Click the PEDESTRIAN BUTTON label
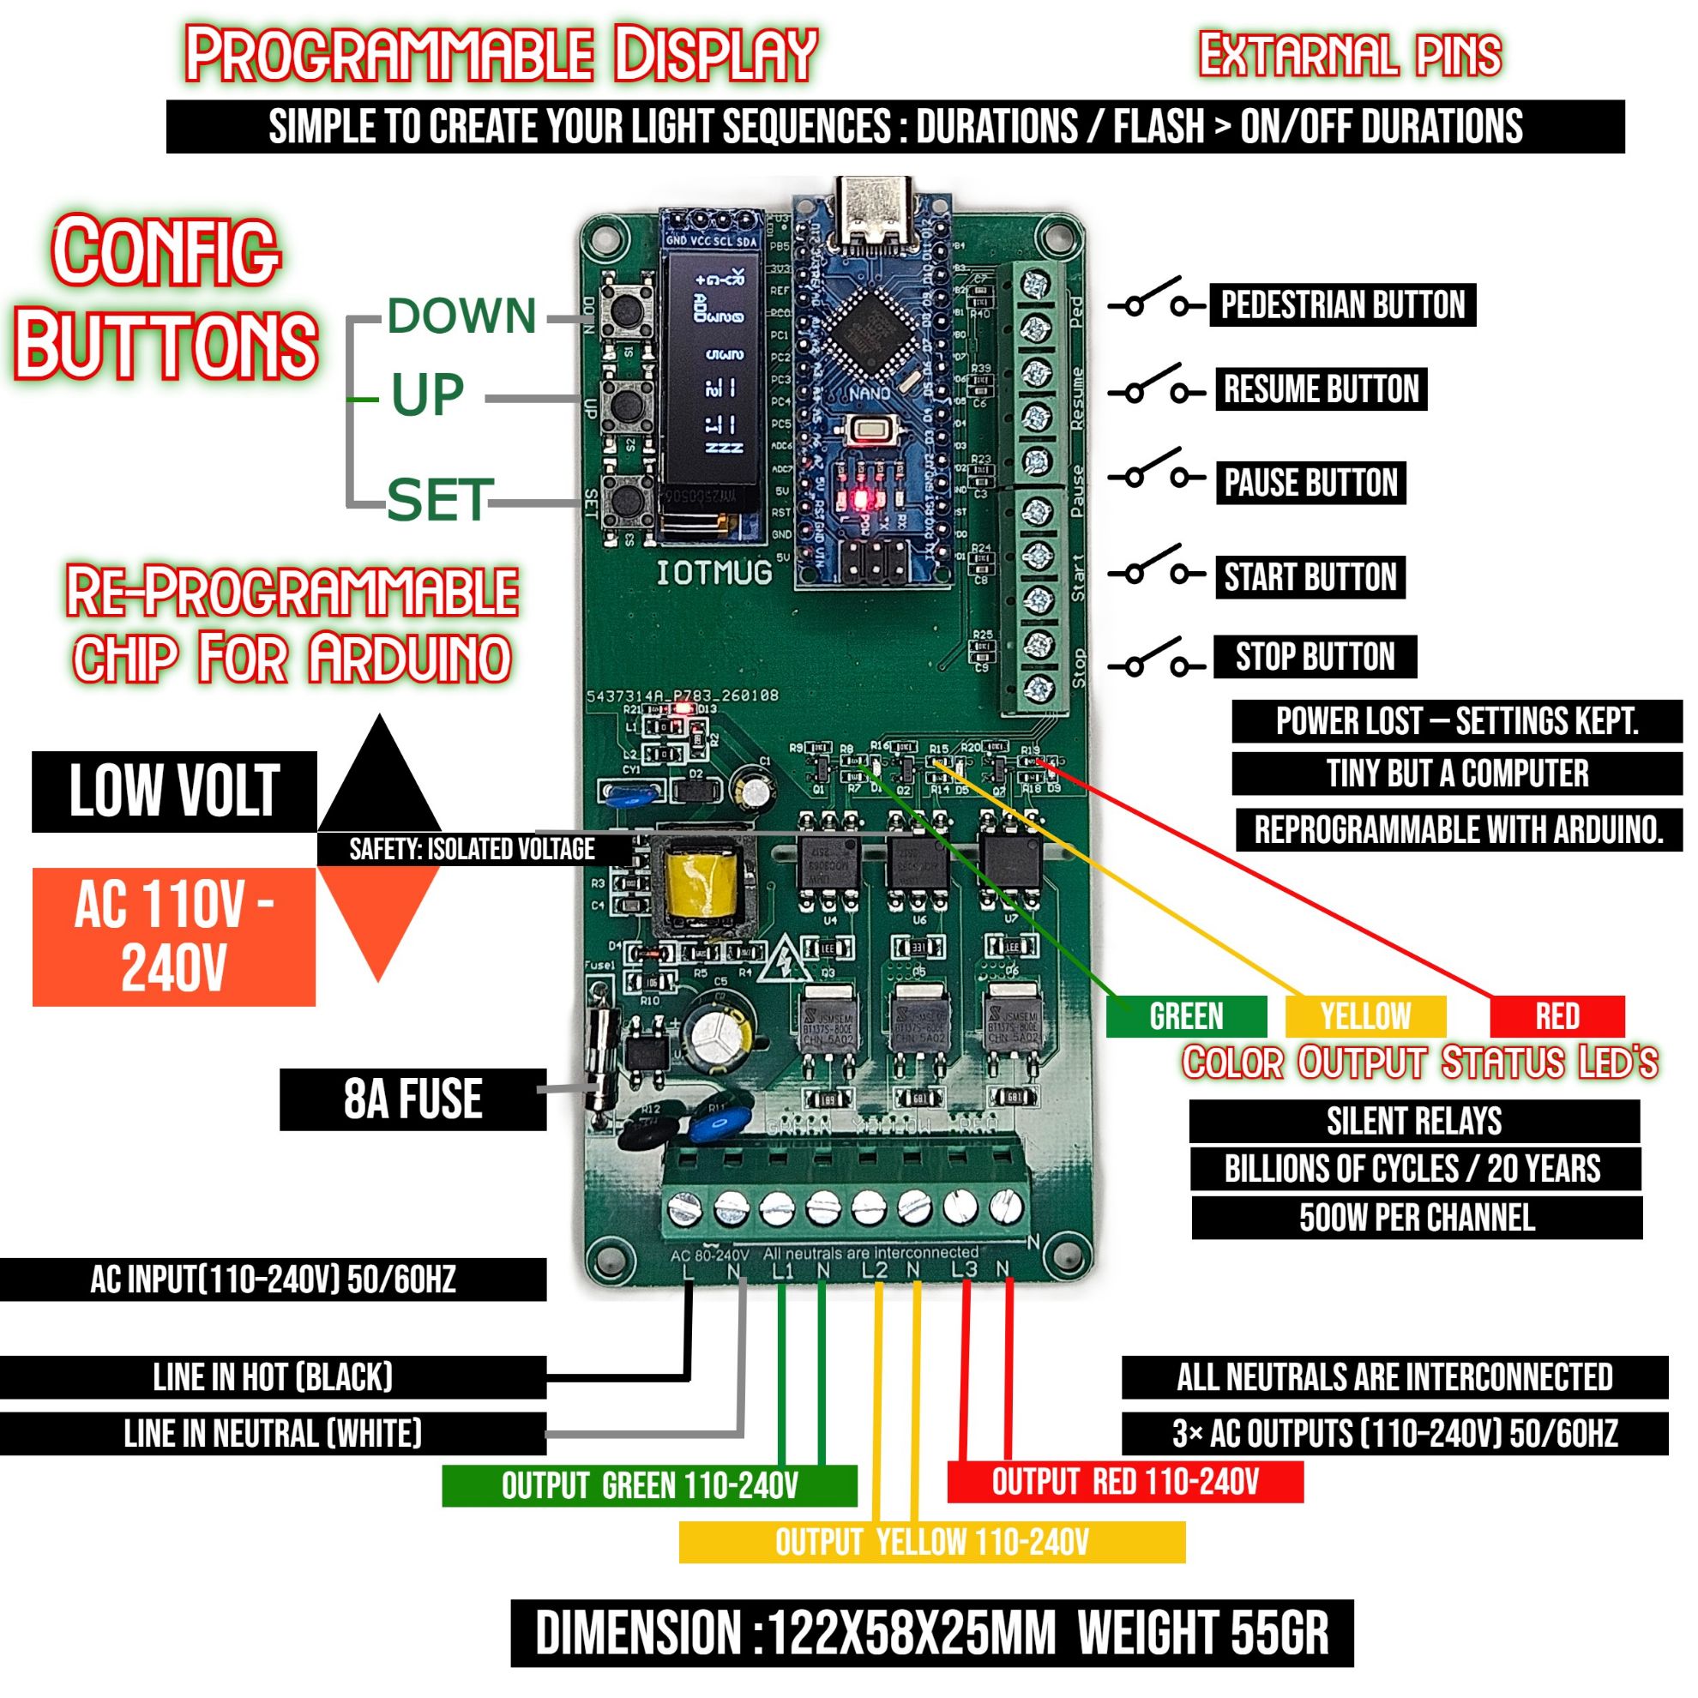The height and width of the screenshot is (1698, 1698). click(1342, 305)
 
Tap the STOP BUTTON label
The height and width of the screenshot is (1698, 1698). click(1315, 657)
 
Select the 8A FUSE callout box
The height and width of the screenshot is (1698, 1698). click(412, 1099)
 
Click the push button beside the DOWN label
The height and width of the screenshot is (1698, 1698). click(626, 308)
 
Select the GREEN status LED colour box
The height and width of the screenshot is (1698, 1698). click(1186, 1016)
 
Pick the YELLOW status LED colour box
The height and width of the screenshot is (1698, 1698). click(1365, 1016)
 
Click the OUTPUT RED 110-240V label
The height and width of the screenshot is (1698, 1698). click(1125, 1483)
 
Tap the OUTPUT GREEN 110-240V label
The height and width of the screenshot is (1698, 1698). click(649, 1486)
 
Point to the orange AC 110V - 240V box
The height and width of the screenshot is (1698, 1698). click(174, 936)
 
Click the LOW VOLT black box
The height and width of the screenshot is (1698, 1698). click(174, 791)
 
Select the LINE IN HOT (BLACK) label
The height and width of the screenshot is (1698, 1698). click(273, 1377)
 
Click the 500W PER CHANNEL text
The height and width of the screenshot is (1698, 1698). click(1417, 1217)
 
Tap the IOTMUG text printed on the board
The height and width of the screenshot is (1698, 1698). click(714, 573)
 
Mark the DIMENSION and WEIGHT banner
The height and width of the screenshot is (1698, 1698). click(931, 1633)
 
